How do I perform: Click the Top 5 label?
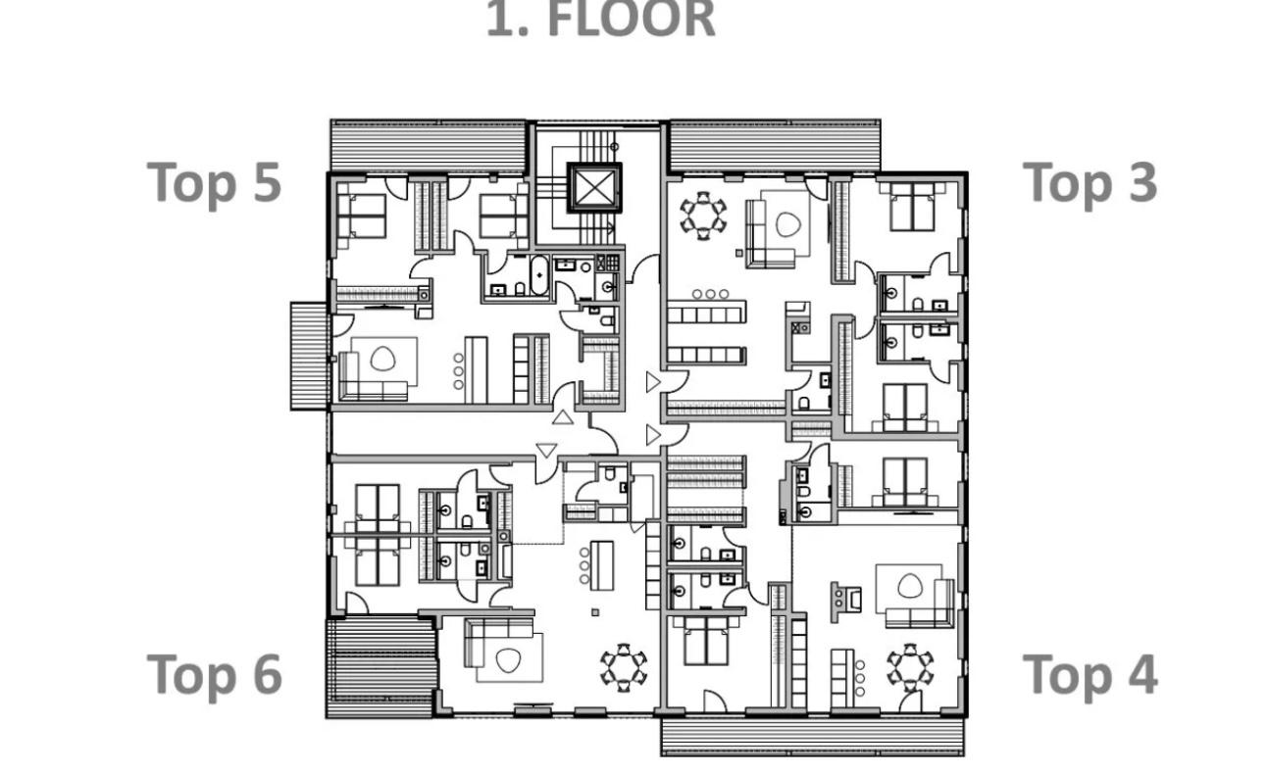tap(214, 182)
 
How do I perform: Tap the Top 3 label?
tap(1090, 182)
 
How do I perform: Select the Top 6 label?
tap(214, 674)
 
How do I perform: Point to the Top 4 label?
tap(1090, 674)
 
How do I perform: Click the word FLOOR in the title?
tap(632, 19)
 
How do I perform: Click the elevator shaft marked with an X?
tap(594, 188)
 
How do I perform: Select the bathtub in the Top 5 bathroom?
tap(539, 275)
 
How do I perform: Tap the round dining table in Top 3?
tap(703, 216)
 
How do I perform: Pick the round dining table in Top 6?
tap(624, 667)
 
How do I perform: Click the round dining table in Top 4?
tap(910, 667)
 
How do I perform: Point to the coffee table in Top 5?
tap(382, 359)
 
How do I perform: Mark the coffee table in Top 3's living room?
tap(788, 224)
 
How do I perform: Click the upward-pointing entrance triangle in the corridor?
tap(563, 417)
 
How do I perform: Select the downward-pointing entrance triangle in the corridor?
tap(546, 451)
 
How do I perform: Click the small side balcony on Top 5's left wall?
tap(310, 356)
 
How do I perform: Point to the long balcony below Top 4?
tap(812, 736)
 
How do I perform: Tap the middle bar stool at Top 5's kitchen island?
tap(459, 371)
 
